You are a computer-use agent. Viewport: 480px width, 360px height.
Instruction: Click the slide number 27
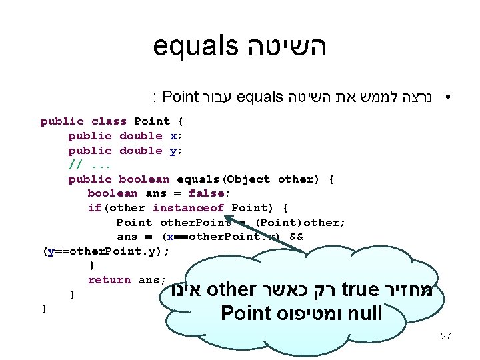[446, 336]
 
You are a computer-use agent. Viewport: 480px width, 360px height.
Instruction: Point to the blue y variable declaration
[173, 151]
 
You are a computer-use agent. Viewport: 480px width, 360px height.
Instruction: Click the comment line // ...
[75, 165]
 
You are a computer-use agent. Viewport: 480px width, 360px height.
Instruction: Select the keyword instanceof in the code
[188, 208]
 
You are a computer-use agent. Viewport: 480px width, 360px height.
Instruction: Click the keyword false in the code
[207, 193]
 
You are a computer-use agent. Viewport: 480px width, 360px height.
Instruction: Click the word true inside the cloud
[360, 291]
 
